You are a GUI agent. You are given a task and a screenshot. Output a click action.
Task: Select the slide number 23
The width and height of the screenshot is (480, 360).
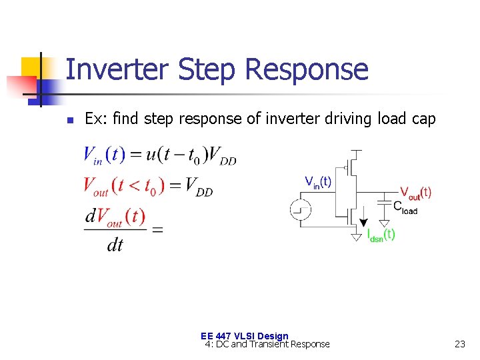pos(459,344)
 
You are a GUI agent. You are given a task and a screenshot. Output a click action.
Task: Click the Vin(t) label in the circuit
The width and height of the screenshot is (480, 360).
pos(318,181)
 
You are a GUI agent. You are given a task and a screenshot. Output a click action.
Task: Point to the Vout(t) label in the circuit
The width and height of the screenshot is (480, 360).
pos(415,193)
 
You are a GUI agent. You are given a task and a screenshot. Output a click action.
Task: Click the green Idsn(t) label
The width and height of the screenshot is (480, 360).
pos(381,234)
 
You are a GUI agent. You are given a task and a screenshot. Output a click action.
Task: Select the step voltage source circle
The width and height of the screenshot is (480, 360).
pos(300,210)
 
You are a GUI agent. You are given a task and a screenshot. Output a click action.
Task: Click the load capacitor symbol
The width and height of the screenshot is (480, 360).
pos(384,201)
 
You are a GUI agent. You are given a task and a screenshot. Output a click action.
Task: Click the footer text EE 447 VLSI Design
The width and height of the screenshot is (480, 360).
pos(244,336)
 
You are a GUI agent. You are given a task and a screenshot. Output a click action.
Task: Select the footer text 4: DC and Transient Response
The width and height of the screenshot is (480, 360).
pos(267,344)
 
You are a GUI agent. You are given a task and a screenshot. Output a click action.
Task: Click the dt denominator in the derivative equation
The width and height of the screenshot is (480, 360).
pos(115,245)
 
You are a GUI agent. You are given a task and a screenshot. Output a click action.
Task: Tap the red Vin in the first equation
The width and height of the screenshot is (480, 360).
pos(93,155)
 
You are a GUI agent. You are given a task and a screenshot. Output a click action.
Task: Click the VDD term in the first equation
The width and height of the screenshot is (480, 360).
pos(223,156)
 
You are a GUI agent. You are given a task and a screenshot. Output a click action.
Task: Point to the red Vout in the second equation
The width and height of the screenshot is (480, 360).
pos(96,185)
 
